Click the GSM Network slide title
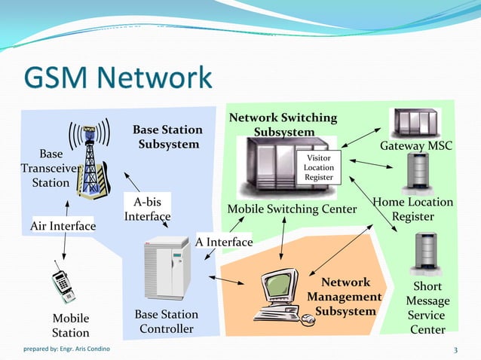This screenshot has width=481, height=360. pyautogui.click(x=118, y=78)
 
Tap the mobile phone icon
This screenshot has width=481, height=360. pyautogui.click(x=63, y=282)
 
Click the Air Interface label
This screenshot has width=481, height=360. pyautogui.click(x=63, y=226)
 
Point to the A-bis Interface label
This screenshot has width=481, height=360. pyautogui.click(x=147, y=209)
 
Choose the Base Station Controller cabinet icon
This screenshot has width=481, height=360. pyautogui.click(x=167, y=268)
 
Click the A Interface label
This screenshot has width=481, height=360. pyautogui.click(x=224, y=242)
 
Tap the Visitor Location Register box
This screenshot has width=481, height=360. pyautogui.click(x=318, y=167)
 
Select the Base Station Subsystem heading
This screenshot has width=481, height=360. pyautogui.click(x=167, y=137)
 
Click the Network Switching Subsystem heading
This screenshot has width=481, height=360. pyautogui.click(x=283, y=125)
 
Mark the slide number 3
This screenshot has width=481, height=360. pyautogui.click(x=455, y=349)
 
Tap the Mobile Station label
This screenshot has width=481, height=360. pyautogui.click(x=70, y=325)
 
